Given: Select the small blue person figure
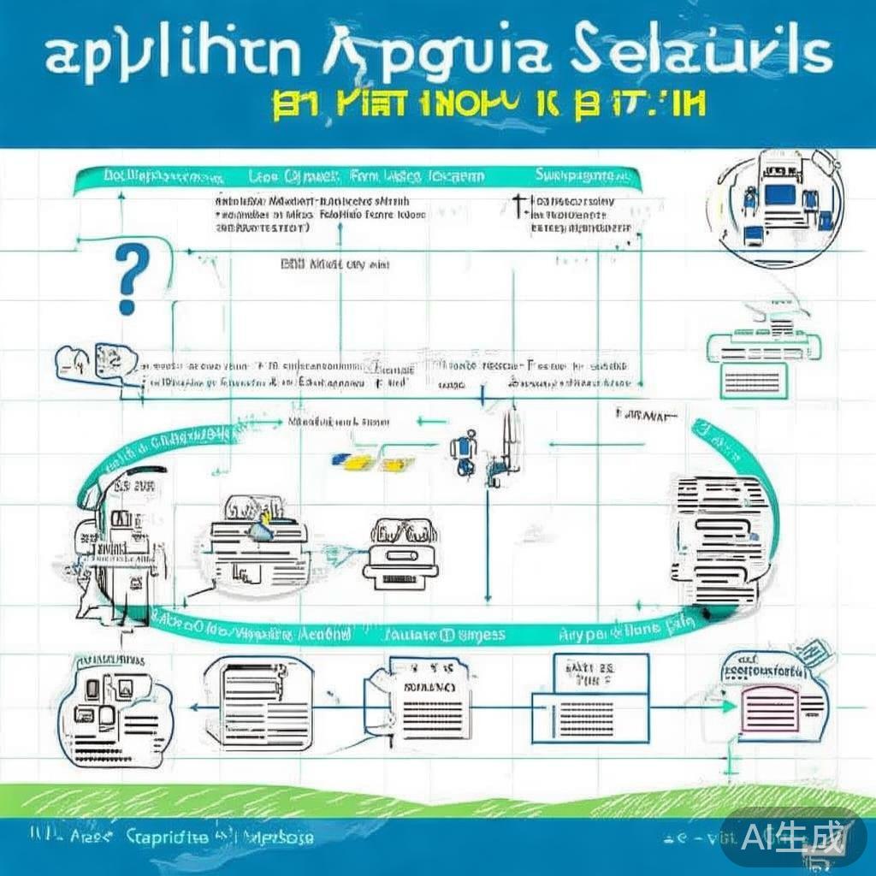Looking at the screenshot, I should [x=463, y=453].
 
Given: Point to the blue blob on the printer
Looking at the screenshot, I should [x=260, y=530].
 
